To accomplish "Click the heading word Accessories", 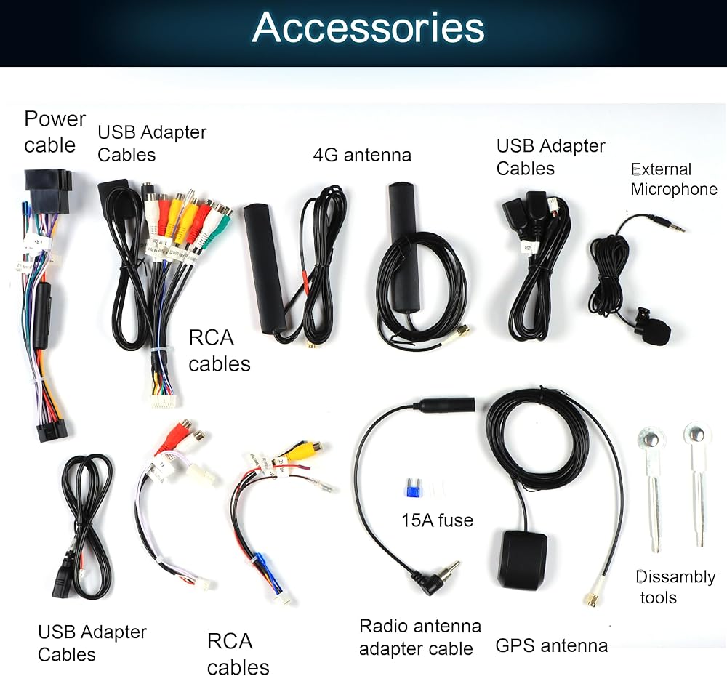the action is pyautogui.click(x=368, y=28).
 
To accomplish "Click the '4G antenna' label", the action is pyautogui.click(x=362, y=155).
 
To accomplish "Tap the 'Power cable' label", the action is pyautogui.click(x=55, y=132).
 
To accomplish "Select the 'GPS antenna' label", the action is pyautogui.click(x=552, y=645).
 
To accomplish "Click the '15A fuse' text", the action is pyautogui.click(x=437, y=520).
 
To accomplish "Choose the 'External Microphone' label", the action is pyautogui.click(x=674, y=179).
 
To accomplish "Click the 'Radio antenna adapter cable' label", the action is pyautogui.click(x=420, y=637).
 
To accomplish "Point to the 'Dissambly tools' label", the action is pyautogui.click(x=676, y=587).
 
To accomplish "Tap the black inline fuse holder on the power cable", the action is pyautogui.click(x=43, y=315).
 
